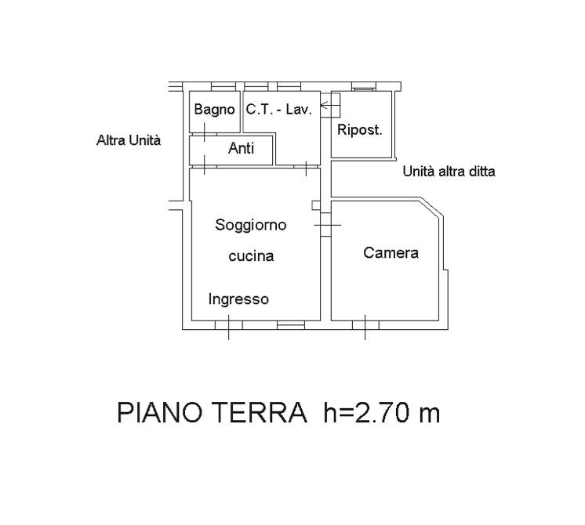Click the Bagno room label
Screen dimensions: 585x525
(214, 110)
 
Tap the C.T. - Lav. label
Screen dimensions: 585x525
(278, 109)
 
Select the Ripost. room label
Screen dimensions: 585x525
(360, 130)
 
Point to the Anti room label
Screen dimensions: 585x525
(241, 148)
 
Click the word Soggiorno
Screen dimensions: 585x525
(251, 225)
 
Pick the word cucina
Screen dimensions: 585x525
(251, 256)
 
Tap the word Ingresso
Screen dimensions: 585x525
(238, 299)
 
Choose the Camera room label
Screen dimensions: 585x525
(391, 253)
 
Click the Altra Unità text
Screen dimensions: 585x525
(129, 140)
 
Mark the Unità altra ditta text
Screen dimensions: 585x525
(449, 172)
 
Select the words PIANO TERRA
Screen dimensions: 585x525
(212, 412)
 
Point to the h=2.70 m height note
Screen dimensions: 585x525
(382, 412)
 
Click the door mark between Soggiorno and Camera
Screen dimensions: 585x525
(327, 225)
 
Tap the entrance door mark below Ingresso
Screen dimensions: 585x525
(229, 327)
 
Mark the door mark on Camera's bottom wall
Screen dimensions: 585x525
(365, 327)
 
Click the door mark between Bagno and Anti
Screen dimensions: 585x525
(205, 132)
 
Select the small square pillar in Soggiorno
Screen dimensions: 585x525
(316, 205)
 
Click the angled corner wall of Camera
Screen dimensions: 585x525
(432, 207)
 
